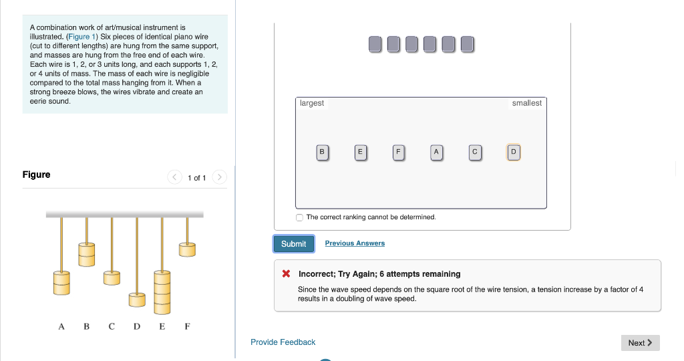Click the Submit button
(294, 244)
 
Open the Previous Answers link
(355, 243)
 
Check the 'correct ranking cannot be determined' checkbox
(299, 217)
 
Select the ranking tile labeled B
(322, 152)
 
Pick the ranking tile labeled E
(360, 152)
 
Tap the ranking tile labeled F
(398, 152)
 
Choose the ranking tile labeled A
(436, 152)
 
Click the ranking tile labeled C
(475, 152)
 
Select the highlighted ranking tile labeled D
(514, 152)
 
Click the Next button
(641, 343)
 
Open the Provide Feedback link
(283, 342)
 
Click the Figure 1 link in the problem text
(81, 37)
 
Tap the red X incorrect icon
(286, 273)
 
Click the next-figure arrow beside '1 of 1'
(219, 176)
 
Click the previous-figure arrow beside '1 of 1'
(174, 176)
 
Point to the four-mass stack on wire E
(162, 292)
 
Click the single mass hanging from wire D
(137, 300)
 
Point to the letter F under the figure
(187, 326)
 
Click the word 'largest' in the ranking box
(312, 103)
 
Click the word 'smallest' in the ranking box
(526, 103)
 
